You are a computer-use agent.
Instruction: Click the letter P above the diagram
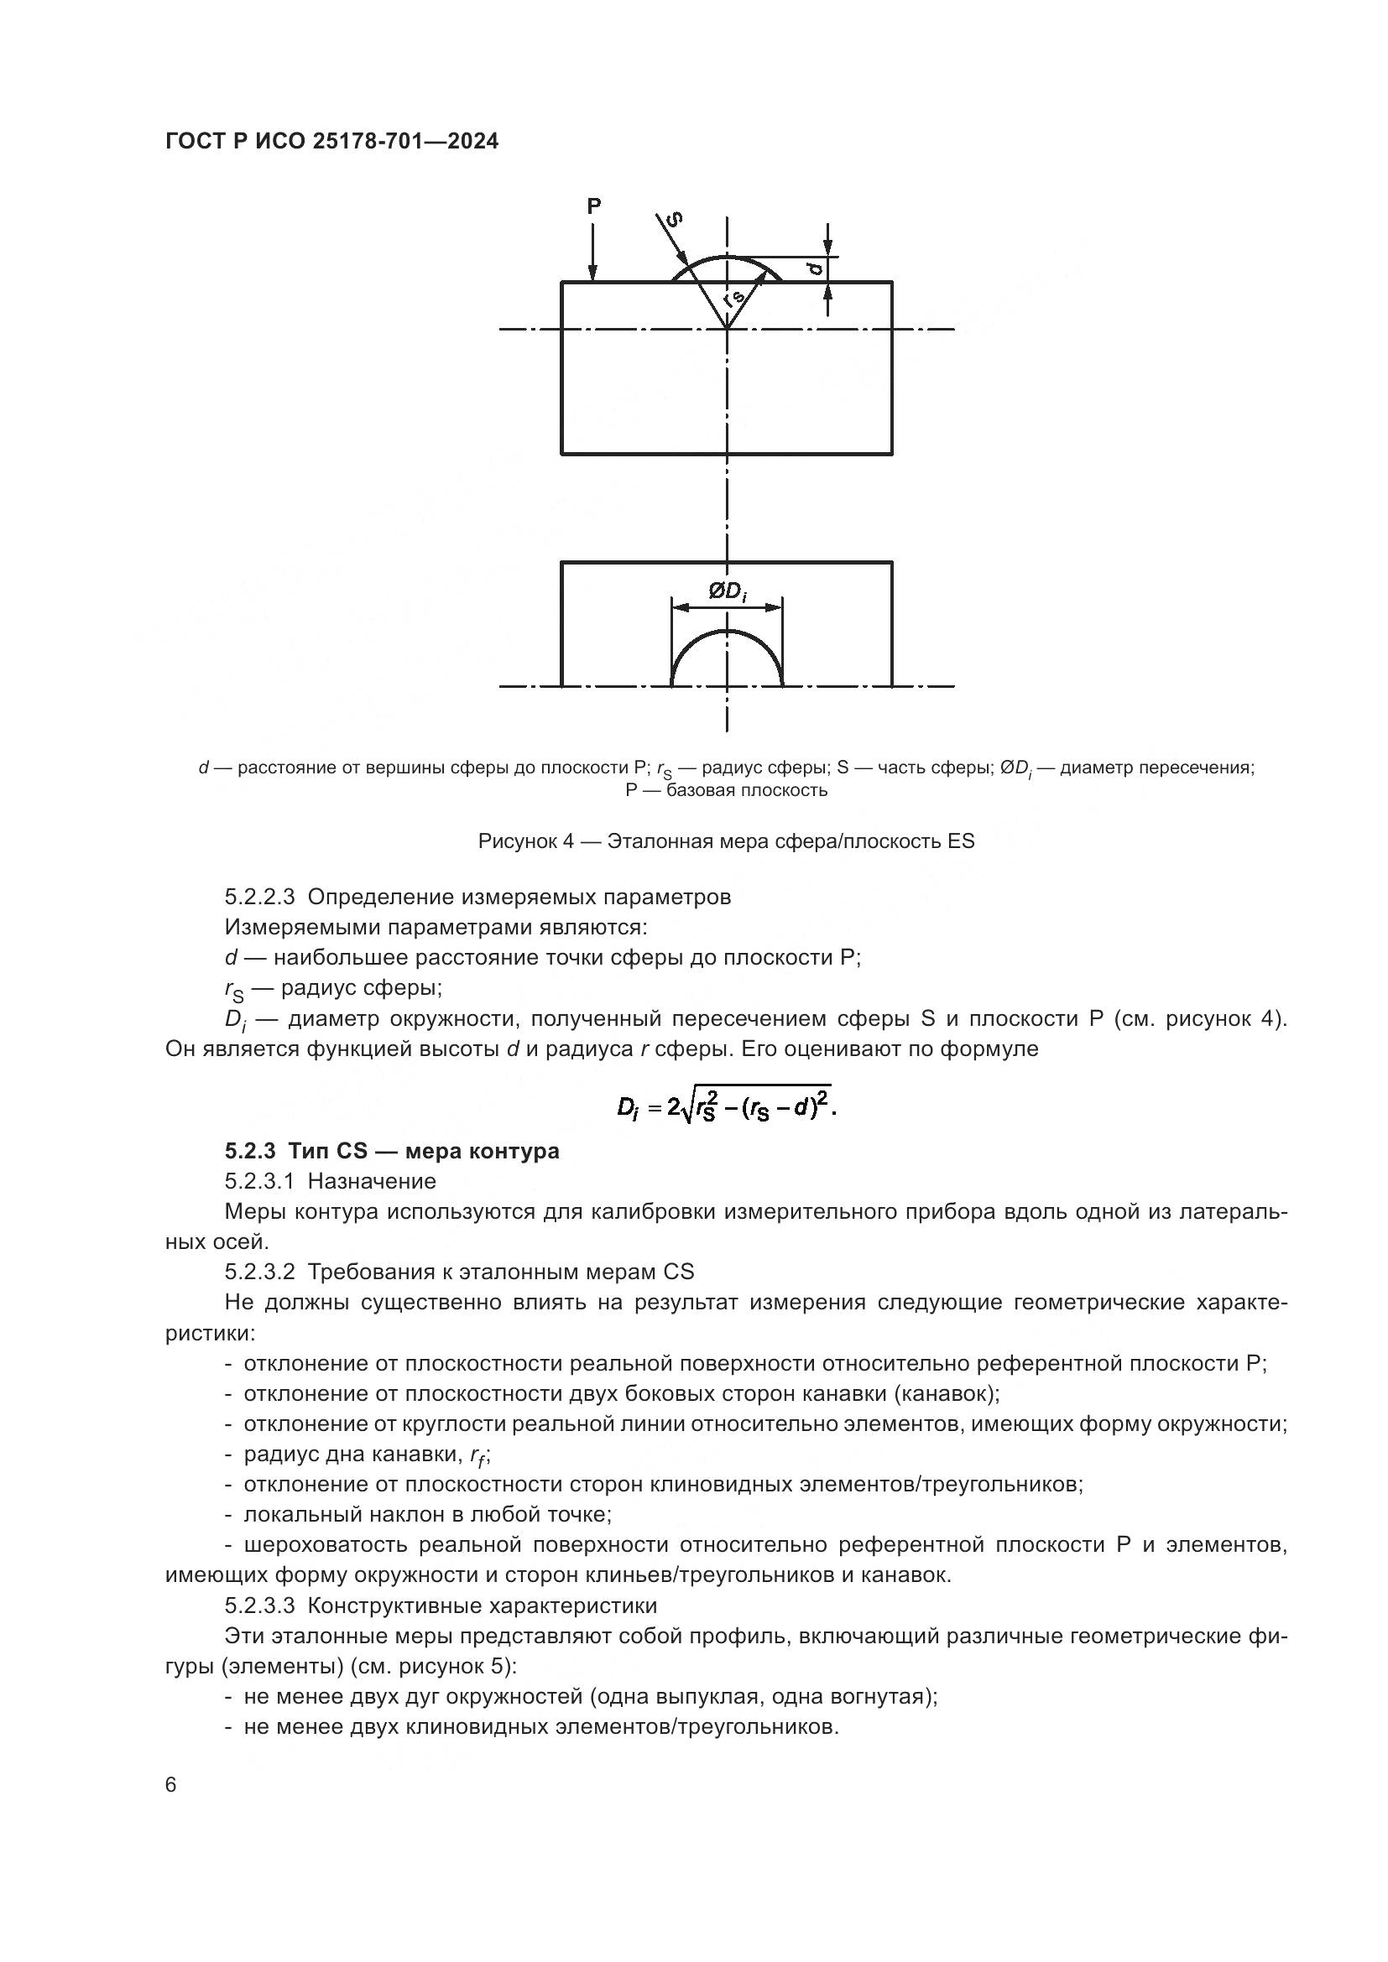[594, 206]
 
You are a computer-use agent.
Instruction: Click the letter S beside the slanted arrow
[676, 219]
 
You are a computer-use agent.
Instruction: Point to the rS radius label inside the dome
[733, 299]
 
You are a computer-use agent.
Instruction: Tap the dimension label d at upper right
[817, 268]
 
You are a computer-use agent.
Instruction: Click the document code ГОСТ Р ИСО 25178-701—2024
[331, 142]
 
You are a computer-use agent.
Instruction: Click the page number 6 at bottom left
[171, 1785]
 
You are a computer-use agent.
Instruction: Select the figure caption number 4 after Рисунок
[567, 840]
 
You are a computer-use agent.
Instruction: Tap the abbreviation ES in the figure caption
[961, 840]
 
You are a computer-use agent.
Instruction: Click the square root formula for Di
[727, 1108]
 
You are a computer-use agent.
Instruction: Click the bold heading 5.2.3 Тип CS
[392, 1151]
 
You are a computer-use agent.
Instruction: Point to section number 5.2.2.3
[260, 898]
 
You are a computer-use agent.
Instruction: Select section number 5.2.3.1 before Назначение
[260, 1181]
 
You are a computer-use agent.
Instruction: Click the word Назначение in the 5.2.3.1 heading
[372, 1181]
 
